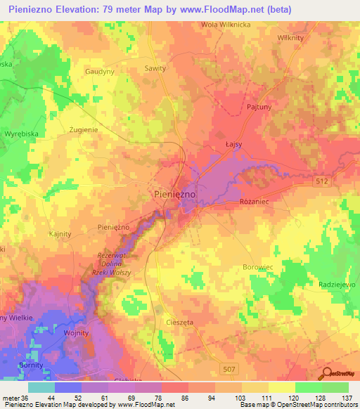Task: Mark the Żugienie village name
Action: tap(82, 129)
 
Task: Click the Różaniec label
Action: tap(255, 200)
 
